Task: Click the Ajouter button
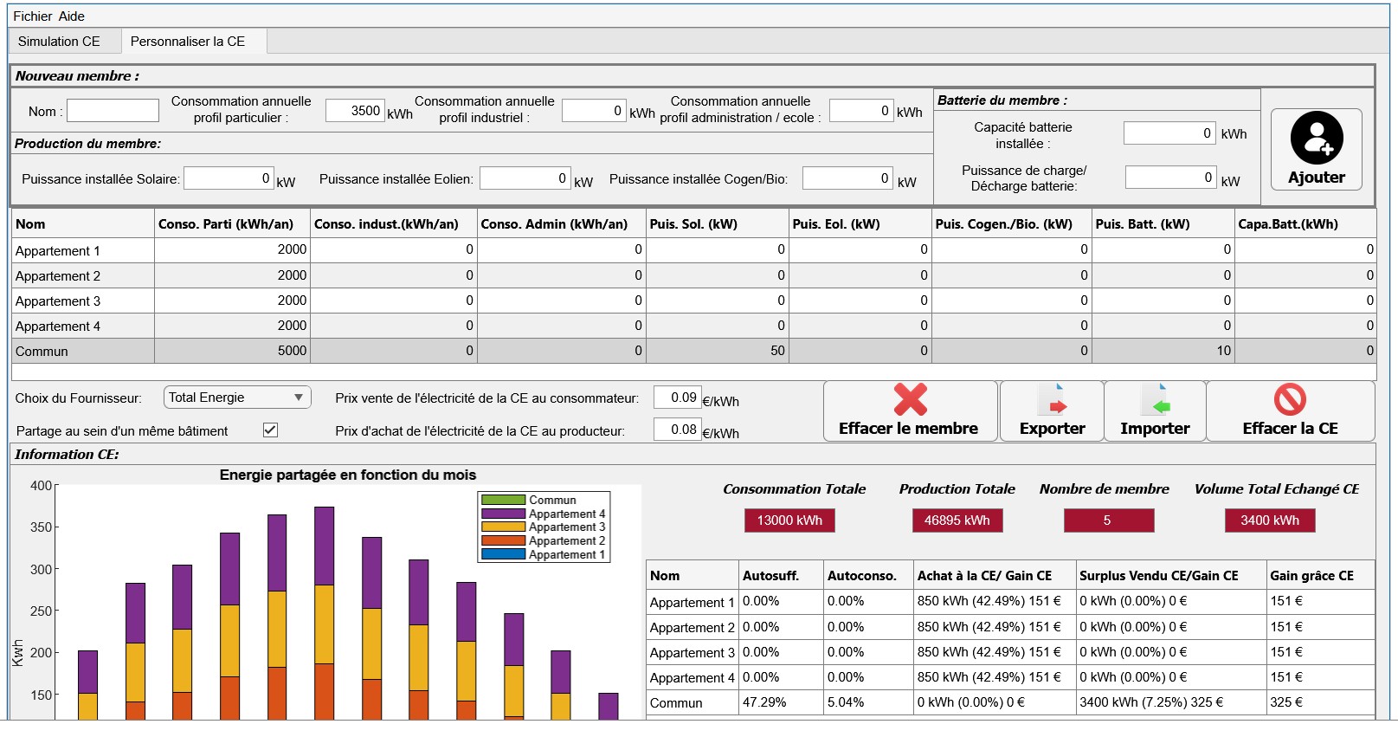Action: (x=1317, y=150)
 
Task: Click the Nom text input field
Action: (x=113, y=111)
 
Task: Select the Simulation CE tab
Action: (x=59, y=42)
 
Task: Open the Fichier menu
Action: (x=32, y=16)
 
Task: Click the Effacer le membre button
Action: (x=909, y=411)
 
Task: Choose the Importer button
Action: (x=1155, y=411)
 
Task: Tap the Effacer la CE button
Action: (x=1290, y=411)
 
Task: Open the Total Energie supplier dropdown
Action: (x=237, y=398)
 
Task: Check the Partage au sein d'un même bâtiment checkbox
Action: (x=270, y=430)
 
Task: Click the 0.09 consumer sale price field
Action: (x=677, y=398)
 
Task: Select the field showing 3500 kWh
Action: (x=355, y=111)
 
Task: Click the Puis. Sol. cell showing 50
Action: (x=717, y=351)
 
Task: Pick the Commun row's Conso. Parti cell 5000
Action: (x=232, y=351)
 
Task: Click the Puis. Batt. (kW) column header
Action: (x=1143, y=224)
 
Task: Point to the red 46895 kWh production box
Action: (x=957, y=520)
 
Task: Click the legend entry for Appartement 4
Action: (x=544, y=514)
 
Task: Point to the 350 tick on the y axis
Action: (x=42, y=527)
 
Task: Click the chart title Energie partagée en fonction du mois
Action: (x=348, y=475)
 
